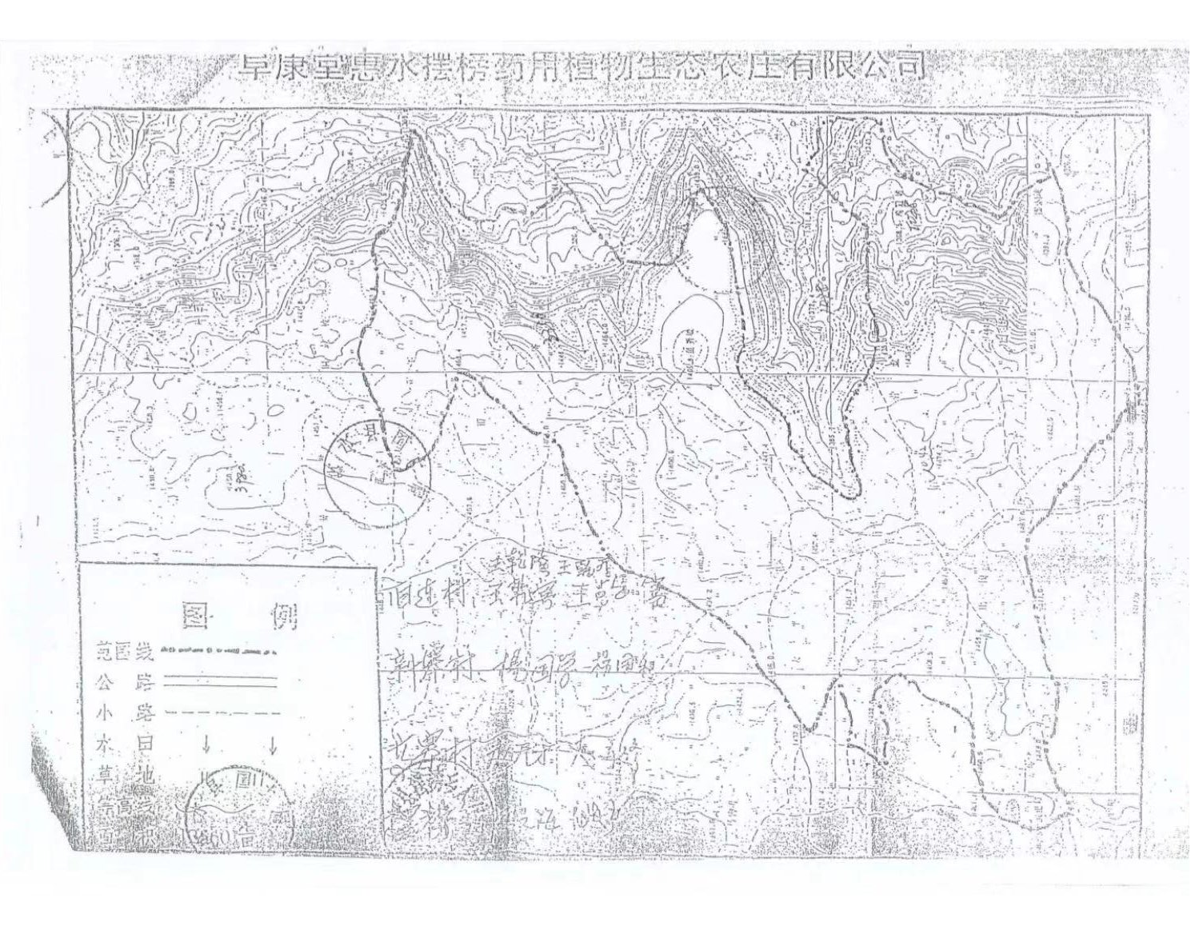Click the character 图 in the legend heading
tap(197, 615)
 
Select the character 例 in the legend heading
tap(285, 615)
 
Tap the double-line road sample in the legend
tap(220, 681)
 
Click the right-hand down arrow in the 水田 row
tap(272, 745)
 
